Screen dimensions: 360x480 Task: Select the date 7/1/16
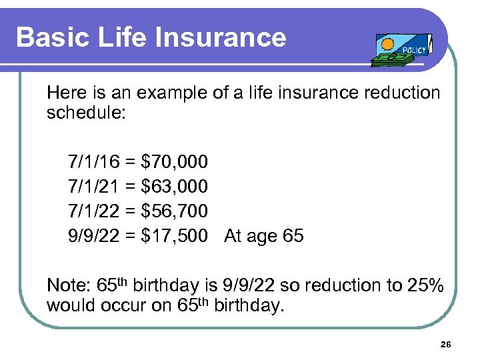(x=93, y=162)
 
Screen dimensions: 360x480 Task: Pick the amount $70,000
(x=175, y=162)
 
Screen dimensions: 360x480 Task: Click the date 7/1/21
(x=93, y=187)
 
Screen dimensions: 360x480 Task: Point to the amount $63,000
(x=175, y=187)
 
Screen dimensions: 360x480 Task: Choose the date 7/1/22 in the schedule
(x=93, y=211)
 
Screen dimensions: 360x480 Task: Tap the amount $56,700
(x=175, y=211)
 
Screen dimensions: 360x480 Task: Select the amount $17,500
(x=175, y=236)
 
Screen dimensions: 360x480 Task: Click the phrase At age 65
(x=264, y=236)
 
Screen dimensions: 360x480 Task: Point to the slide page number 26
(x=446, y=344)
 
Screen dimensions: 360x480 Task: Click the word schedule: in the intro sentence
(x=85, y=112)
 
